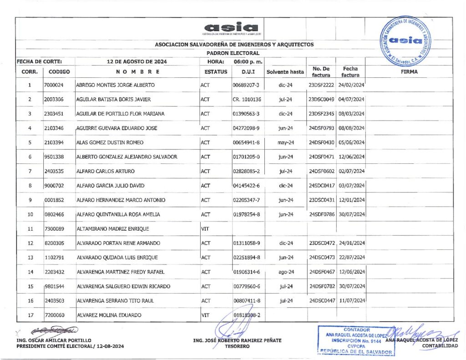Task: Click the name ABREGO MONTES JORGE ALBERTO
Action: tap(115, 85)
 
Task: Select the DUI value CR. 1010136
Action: tap(247, 99)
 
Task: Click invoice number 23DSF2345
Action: tap(322, 114)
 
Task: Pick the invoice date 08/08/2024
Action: tap(352, 128)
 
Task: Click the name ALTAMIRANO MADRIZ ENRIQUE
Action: tap(112, 229)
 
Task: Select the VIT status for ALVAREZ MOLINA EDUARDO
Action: tap(205, 315)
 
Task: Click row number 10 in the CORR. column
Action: tap(30, 214)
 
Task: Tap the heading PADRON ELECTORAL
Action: tap(233, 53)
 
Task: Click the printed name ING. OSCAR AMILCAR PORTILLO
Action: tap(54, 340)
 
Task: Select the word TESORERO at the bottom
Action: tap(237, 346)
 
